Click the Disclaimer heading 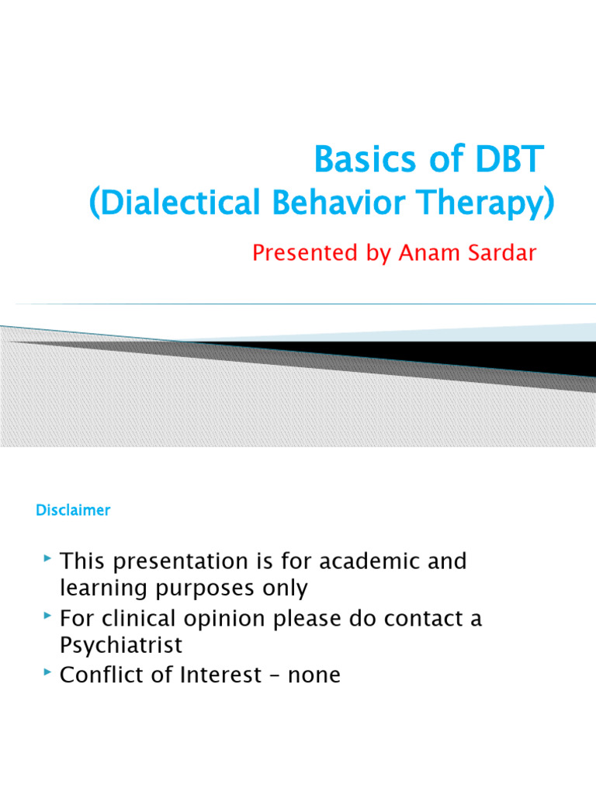point(73,510)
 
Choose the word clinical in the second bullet point(140,619)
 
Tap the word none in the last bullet point(314,675)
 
